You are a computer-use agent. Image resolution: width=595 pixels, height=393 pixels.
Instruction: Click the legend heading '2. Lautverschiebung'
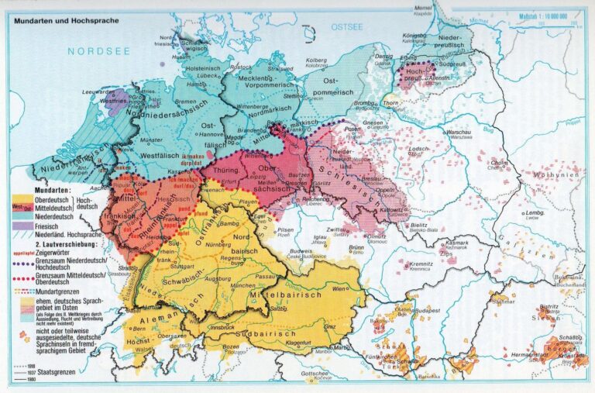tap(64, 243)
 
